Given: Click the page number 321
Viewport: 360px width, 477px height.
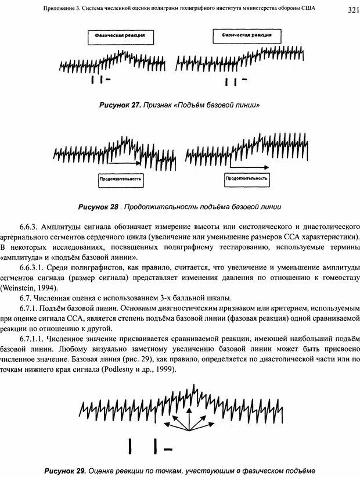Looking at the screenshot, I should [x=346, y=9].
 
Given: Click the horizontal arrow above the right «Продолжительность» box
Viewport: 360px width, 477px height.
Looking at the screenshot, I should [x=247, y=167].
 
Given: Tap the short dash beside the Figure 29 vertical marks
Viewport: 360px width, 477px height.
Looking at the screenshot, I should [x=169, y=449].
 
